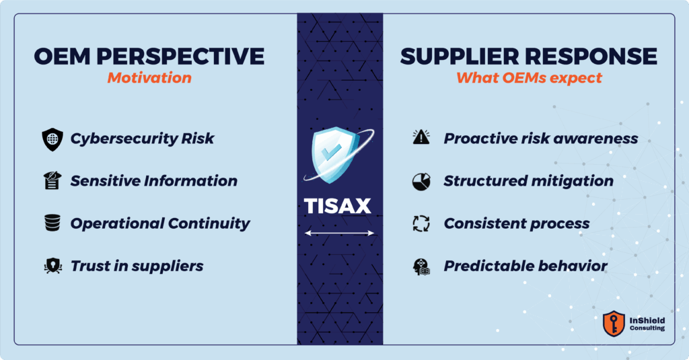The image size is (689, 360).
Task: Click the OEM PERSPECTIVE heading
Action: coord(149,57)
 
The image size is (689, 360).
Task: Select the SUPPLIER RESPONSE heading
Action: coord(529,57)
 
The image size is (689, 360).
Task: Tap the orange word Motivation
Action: coord(149,78)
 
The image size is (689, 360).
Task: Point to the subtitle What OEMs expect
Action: coord(529,78)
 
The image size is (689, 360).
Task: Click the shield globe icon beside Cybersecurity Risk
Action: coord(52,139)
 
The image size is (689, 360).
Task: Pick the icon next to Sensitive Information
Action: coord(52,180)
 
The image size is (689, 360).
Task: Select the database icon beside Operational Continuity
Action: coord(52,223)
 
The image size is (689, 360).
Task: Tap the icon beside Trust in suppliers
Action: coord(52,266)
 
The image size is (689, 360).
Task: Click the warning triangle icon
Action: coord(421,137)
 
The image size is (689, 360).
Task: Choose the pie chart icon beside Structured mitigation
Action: coord(421,182)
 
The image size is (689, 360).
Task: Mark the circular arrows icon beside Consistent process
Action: coord(421,223)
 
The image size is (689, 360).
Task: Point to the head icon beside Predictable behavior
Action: coord(421,266)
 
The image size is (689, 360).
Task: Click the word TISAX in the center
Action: coord(338,206)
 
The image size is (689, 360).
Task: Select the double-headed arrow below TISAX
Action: coord(339,233)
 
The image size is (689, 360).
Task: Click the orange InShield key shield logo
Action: coord(614,324)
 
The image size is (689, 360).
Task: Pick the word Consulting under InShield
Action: coord(647,328)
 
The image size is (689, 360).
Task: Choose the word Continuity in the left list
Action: coord(209,223)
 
